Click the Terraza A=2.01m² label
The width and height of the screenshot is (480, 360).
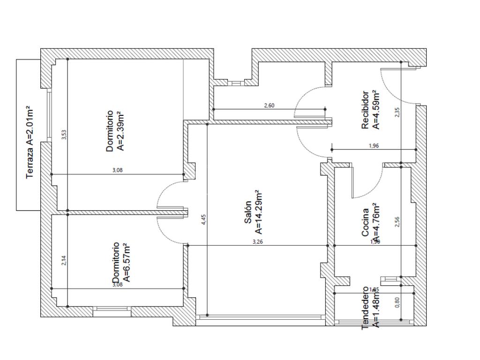point(30,142)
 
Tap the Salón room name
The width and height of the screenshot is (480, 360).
point(248,212)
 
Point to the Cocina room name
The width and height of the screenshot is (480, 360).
point(366,226)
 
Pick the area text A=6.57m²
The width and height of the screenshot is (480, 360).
point(125,264)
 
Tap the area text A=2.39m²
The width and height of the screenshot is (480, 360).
point(120,131)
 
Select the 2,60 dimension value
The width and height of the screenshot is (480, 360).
point(269,105)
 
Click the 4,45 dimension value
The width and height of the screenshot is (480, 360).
point(203,219)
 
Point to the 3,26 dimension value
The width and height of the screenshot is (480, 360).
point(257,242)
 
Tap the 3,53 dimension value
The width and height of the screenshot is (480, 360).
point(65,135)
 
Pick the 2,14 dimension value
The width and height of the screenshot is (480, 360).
point(65,261)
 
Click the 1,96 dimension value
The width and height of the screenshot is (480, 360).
point(374,146)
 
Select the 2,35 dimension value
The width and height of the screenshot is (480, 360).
point(397,112)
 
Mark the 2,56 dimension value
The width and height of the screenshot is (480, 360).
point(397,222)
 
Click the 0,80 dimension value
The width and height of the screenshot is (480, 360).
point(398,303)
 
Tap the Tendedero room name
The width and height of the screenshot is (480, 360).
point(366,308)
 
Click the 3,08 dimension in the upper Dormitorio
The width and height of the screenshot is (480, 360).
point(117,171)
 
